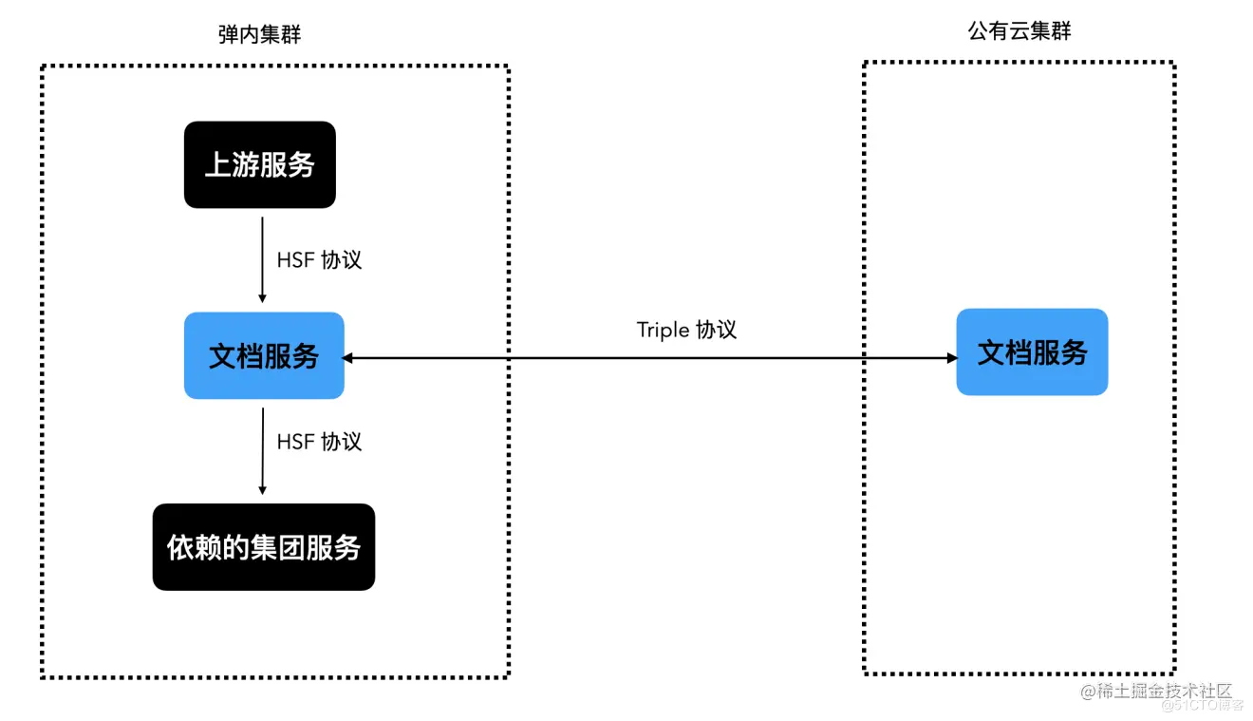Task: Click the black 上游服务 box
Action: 260,164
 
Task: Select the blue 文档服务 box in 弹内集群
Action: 264,355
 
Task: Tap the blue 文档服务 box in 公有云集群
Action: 1032,352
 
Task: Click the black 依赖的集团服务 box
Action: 264,547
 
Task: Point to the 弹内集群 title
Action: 259,34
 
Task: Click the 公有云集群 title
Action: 1019,30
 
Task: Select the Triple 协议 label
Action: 686,330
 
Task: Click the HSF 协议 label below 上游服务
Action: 319,260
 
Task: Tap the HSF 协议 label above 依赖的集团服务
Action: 319,442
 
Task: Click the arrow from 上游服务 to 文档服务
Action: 262,260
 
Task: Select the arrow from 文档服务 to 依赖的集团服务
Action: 263,451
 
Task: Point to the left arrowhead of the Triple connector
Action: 347,358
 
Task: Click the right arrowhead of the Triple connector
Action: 951,358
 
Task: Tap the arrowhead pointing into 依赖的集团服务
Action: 262,490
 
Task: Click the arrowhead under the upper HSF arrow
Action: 262,298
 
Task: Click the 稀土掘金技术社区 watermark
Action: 1156,692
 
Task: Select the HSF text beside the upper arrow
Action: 295,260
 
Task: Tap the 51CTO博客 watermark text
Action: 1203,705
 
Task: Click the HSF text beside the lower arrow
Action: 295,442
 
